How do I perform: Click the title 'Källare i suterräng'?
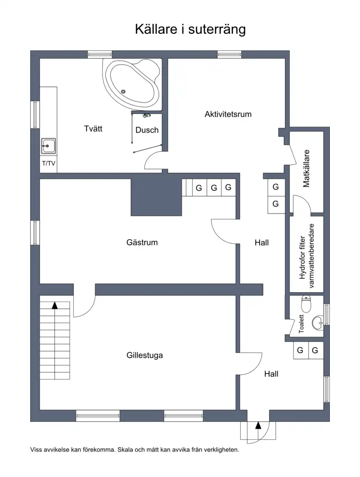190,30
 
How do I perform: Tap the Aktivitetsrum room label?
228,114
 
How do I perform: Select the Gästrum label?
142,242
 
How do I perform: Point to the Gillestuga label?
144,355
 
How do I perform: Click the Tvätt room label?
93,129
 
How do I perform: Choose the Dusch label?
147,130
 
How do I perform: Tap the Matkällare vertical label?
306,169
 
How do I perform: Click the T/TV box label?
49,163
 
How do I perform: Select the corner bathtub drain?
123,91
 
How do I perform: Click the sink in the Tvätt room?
49,146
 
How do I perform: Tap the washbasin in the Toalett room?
318,322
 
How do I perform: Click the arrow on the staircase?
55,305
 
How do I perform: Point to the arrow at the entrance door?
258,425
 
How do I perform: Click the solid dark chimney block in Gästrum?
156,197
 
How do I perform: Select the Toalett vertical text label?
301,324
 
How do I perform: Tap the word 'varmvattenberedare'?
311,256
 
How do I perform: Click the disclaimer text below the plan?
135,450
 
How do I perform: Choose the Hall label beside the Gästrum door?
261,243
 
